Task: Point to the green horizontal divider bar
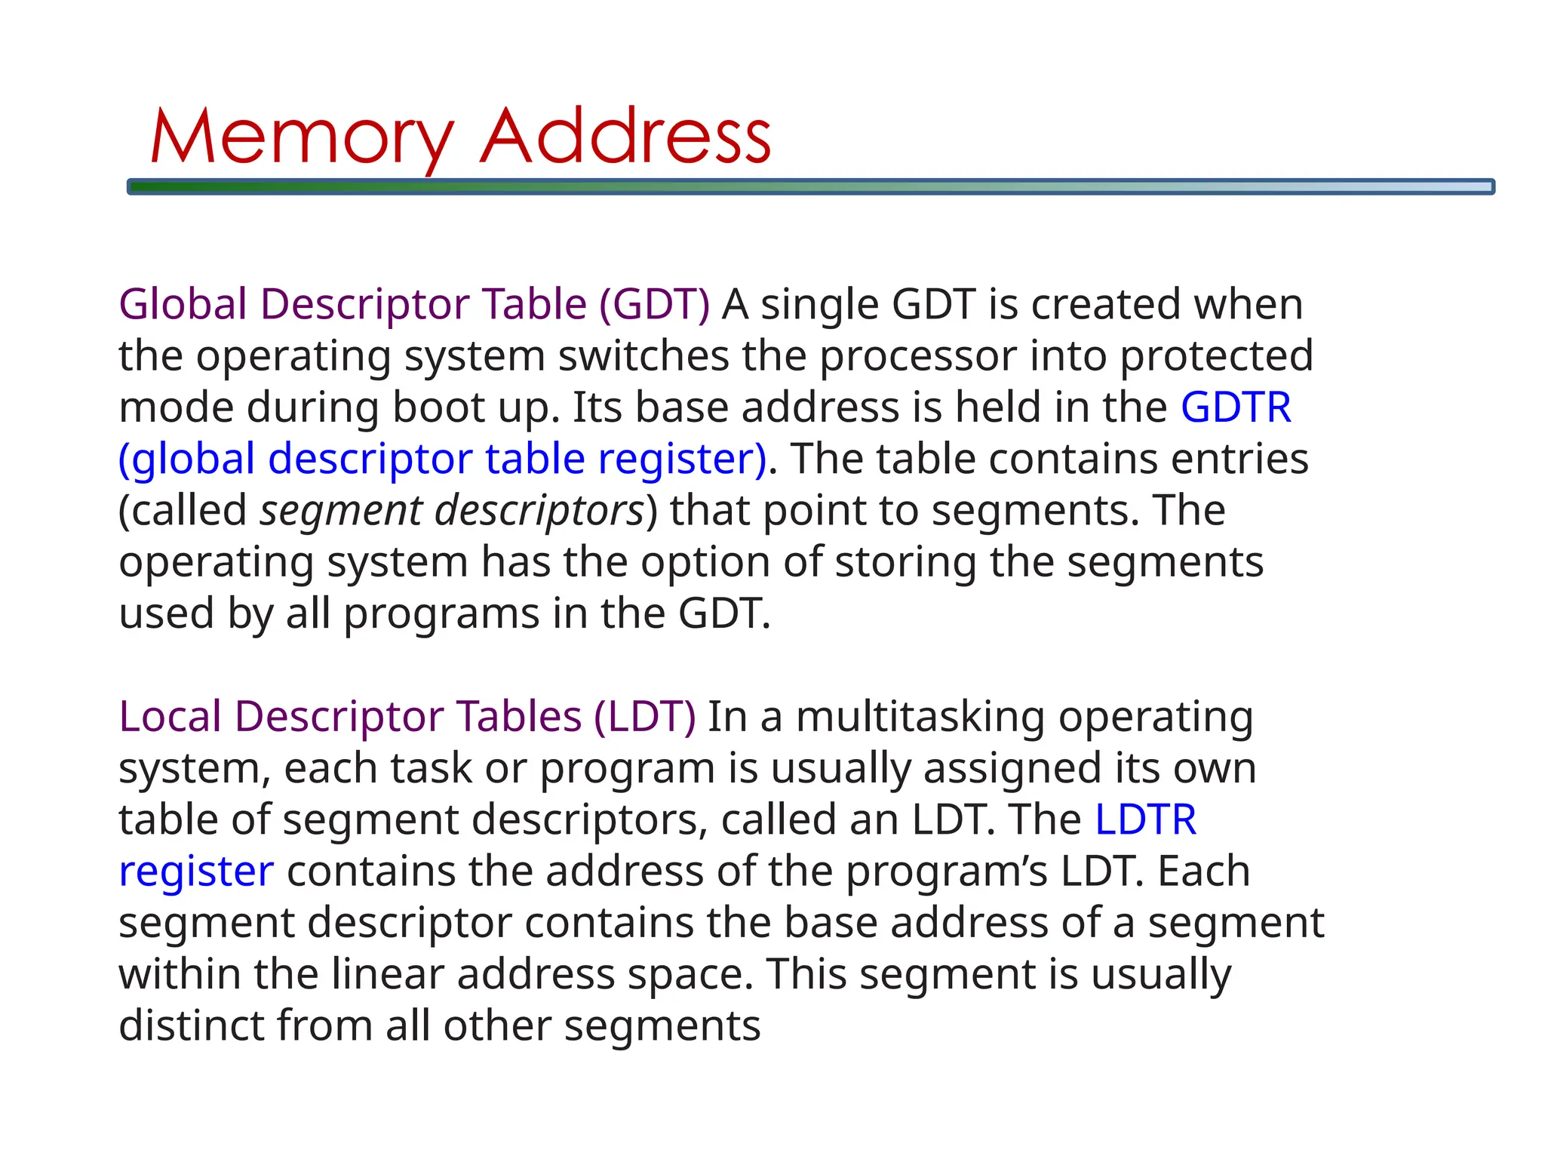point(810,186)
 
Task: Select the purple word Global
point(183,304)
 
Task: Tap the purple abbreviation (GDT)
point(654,304)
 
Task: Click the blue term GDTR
point(1236,407)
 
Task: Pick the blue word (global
point(187,459)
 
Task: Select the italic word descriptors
point(539,511)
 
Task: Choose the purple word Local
point(170,716)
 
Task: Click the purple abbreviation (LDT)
point(644,716)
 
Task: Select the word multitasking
point(920,716)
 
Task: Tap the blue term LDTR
point(1145,819)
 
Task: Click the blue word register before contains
point(196,872)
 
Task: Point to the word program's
point(946,872)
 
